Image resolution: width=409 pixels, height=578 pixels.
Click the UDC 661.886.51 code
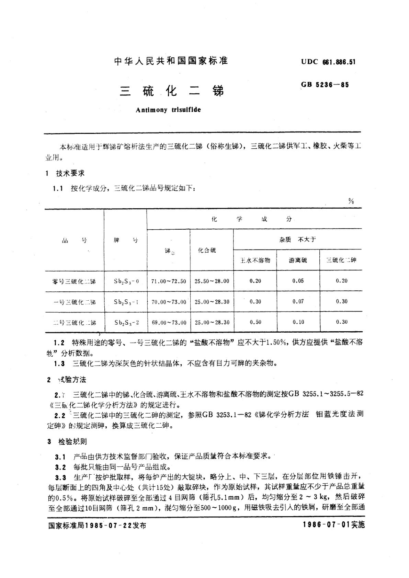(328, 62)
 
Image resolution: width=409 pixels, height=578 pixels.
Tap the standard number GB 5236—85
(325, 85)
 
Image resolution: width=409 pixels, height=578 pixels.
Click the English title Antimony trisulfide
(168, 110)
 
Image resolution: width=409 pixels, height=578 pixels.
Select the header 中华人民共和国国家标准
(171, 61)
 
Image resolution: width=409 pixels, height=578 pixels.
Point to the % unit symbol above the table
(351, 201)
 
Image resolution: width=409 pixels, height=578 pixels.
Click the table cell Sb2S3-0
(126, 281)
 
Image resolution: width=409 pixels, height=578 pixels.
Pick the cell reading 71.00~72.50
(169, 281)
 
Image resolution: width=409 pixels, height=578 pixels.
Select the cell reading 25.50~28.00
(212, 281)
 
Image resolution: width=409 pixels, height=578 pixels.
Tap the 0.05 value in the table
(298, 281)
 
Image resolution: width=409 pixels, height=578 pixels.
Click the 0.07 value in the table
(298, 301)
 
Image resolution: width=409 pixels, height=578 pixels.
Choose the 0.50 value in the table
(255, 322)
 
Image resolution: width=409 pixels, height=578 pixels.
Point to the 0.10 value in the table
(298, 322)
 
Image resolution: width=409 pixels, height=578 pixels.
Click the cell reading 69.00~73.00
(169, 323)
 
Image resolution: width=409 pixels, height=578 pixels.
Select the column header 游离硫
(298, 260)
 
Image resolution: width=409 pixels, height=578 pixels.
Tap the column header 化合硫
(207, 251)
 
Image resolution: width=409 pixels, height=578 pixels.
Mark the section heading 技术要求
(70, 174)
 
